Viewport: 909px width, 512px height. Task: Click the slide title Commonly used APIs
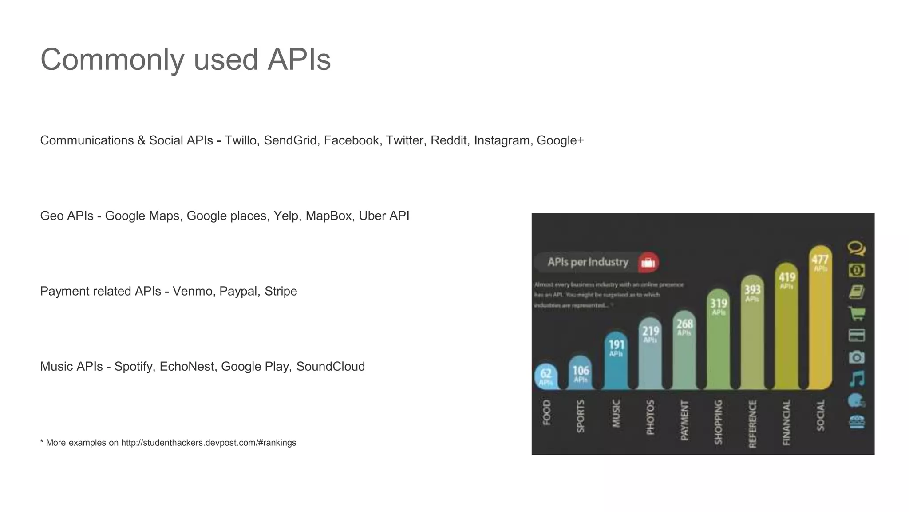tap(186, 60)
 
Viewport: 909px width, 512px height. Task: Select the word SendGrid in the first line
tap(290, 140)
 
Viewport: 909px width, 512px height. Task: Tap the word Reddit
tap(448, 140)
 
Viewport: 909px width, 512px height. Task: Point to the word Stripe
tap(281, 291)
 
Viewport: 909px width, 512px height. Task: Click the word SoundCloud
tap(330, 367)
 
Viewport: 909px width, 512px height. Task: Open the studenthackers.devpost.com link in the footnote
tap(209, 443)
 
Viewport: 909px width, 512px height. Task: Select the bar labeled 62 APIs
tap(546, 377)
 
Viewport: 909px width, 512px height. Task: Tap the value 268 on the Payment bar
tap(684, 324)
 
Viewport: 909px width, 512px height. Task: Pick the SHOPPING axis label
tap(718, 422)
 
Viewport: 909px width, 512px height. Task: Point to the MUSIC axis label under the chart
tap(616, 413)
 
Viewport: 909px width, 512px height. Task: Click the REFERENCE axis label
tap(752, 424)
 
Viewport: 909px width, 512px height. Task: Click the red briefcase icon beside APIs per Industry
tap(648, 262)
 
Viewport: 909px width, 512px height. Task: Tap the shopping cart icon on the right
tap(856, 313)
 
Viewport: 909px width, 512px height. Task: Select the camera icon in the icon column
tap(856, 357)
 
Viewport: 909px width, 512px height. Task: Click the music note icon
tap(857, 379)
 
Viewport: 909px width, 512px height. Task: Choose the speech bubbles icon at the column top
tap(856, 248)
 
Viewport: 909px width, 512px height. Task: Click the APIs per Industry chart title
tap(588, 262)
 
